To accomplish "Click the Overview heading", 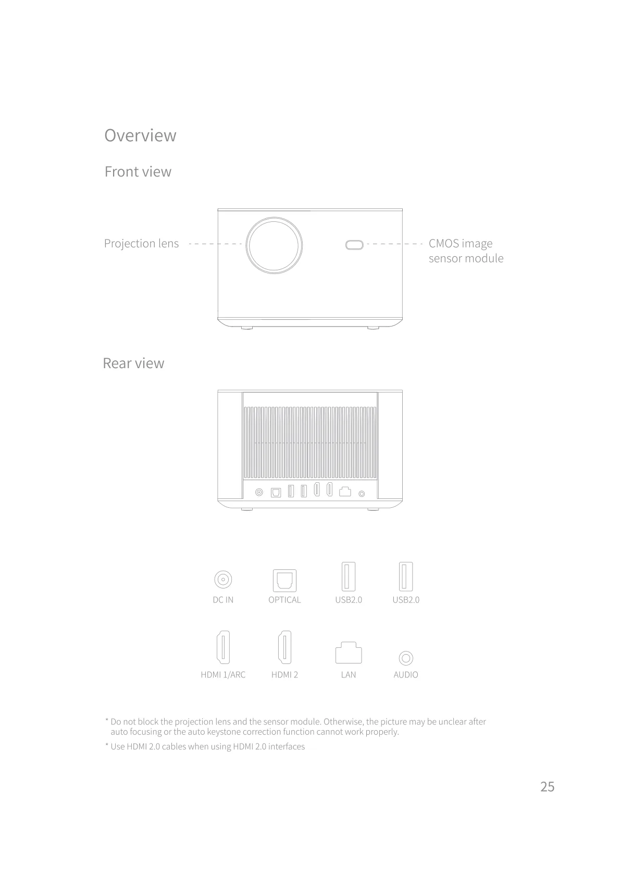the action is click(140, 135).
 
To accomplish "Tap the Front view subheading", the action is click(138, 171).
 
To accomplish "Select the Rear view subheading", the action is click(133, 363).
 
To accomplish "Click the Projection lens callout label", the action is click(141, 244).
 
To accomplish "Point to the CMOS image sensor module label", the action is click(466, 250).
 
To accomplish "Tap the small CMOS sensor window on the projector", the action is click(354, 245).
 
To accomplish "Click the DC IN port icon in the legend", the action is click(223, 580).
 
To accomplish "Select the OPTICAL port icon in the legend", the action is click(285, 580).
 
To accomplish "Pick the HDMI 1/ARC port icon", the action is click(223, 647).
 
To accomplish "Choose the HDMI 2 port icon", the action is click(285, 647).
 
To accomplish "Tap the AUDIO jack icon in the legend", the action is click(406, 658).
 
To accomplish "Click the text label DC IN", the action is click(223, 600).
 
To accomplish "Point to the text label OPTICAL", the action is click(285, 600).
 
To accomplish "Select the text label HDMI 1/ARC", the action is click(223, 674).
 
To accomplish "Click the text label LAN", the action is click(349, 674).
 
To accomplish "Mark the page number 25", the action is click(548, 786).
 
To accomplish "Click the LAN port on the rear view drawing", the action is click(345, 492).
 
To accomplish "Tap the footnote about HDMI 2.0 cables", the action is click(205, 746).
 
